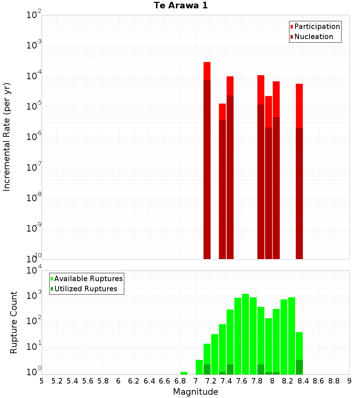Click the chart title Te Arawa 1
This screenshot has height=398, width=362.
tap(181, 6)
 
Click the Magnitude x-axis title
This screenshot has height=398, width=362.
tap(195, 392)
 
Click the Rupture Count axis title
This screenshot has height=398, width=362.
tap(14, 322)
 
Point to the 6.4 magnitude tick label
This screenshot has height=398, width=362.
tap(149, 381)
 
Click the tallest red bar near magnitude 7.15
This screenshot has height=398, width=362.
tap(207, 159)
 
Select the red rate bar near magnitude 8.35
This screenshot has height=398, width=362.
tap(299, 170)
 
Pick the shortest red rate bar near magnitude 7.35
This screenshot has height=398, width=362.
tap(222, 181)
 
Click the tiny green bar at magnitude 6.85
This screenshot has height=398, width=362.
tap(184, 373)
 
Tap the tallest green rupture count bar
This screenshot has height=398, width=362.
tap(245, 333)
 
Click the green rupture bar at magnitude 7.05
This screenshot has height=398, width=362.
tap(199, 367)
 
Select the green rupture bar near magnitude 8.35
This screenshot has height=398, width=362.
tap(299, 353)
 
